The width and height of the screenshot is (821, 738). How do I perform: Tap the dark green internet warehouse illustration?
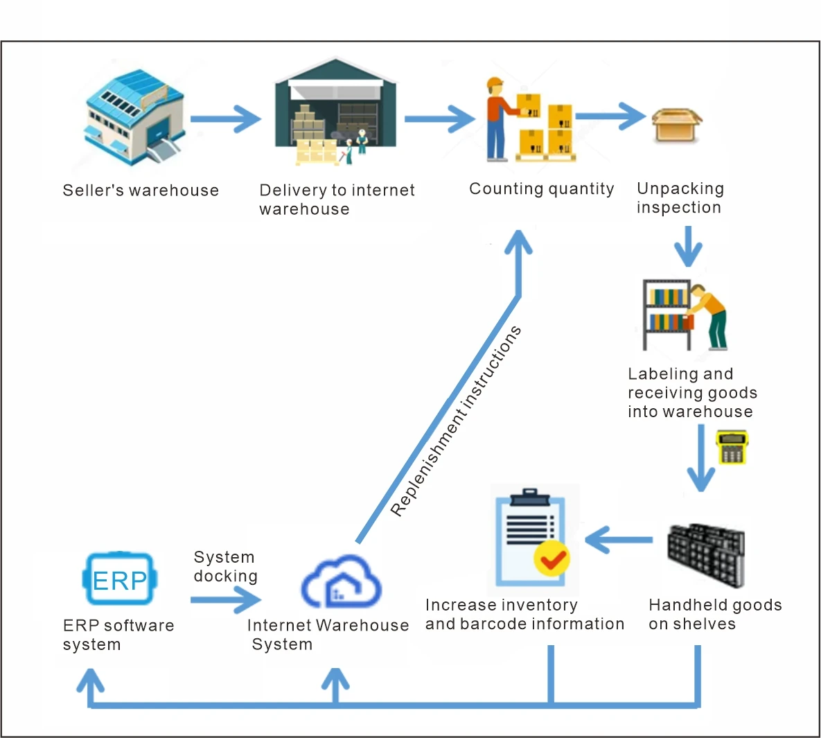point(336,111)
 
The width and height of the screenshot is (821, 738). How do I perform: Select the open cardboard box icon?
point(676,125)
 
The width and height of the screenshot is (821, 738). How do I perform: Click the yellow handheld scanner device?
point(732,448)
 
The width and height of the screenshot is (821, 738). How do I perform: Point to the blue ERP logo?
point(120,579)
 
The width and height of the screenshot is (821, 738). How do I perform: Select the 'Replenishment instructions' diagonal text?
point(455,421)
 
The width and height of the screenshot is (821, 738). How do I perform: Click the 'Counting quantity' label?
point(541,189)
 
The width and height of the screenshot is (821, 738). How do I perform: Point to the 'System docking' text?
point(225,566)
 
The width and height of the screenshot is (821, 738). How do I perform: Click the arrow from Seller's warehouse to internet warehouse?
point(225,118)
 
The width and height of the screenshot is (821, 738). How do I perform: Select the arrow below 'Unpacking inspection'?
point(688,245)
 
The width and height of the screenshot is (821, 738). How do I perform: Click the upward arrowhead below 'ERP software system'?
point(90,682)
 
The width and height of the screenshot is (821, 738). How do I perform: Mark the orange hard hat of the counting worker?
point(494,83)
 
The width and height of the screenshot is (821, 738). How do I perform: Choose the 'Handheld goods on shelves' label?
point(715,614)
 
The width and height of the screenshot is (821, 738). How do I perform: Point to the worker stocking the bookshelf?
point(709,316)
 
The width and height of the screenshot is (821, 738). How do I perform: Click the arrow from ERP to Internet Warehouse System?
point(226,599)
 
